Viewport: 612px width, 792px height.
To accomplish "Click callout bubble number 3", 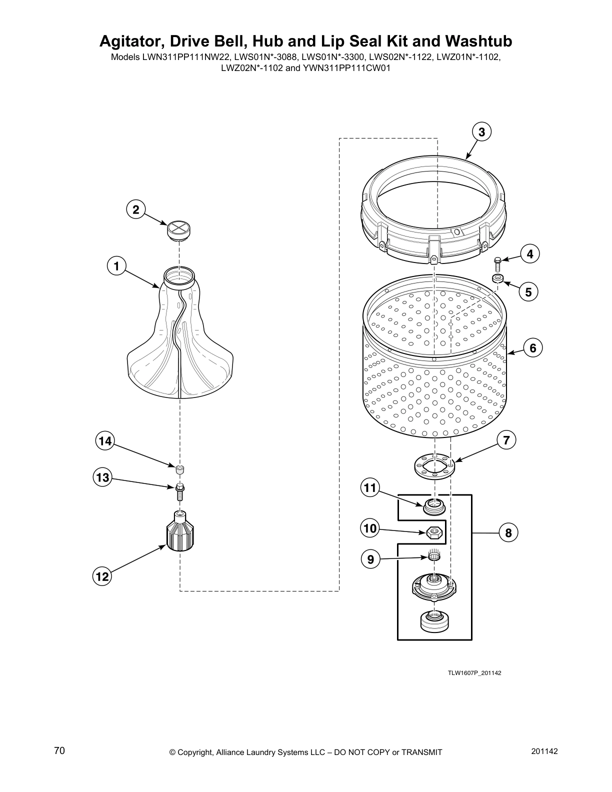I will pyautogui.click(x=481, y=132).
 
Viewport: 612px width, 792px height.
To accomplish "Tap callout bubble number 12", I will pyautogui.click(x=102, y=576).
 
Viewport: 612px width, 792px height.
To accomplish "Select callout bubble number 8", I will pyautogui.click(x=508, y=533).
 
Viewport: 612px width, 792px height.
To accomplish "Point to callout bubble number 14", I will pyautogui.click(x=105, y=441).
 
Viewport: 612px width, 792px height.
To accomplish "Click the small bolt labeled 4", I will pyautogui.click(x=497, y=263).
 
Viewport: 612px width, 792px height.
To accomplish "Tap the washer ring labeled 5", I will pyautogui.click(x=497, y=278).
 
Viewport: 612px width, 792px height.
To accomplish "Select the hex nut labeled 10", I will pyautogui.click(x=434, y=533).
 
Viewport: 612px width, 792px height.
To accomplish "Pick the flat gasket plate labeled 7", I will pyautogui.click(x=434, y=465).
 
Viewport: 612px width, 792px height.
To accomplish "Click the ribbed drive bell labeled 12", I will pyautogui.click(x=180, y=531).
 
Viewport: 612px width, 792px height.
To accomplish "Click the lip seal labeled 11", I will pyautogui.click(x=434, y=506).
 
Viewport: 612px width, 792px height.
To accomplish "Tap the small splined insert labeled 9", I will pyautogui.click(x=434, y=555).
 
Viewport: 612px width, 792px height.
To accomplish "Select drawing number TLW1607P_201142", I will pyautogui.click(x=474, y=673).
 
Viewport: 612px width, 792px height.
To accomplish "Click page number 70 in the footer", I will pyautogui.click(x=59, y=751).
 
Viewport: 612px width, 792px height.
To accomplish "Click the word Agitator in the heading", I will pyautogui.click(x=131, y=40).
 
